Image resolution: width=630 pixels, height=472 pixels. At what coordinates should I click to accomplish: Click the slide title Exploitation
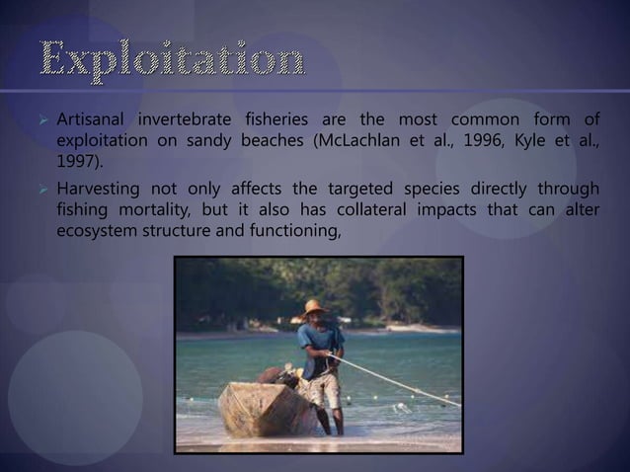click(x=174, y=61)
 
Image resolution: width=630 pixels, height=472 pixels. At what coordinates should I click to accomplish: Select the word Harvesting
click(x=97, y=189)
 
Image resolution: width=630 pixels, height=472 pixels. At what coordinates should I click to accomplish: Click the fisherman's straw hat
click(x=315, y=307)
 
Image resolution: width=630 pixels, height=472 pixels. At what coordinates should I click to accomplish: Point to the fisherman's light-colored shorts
click(x=325, y=388)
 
